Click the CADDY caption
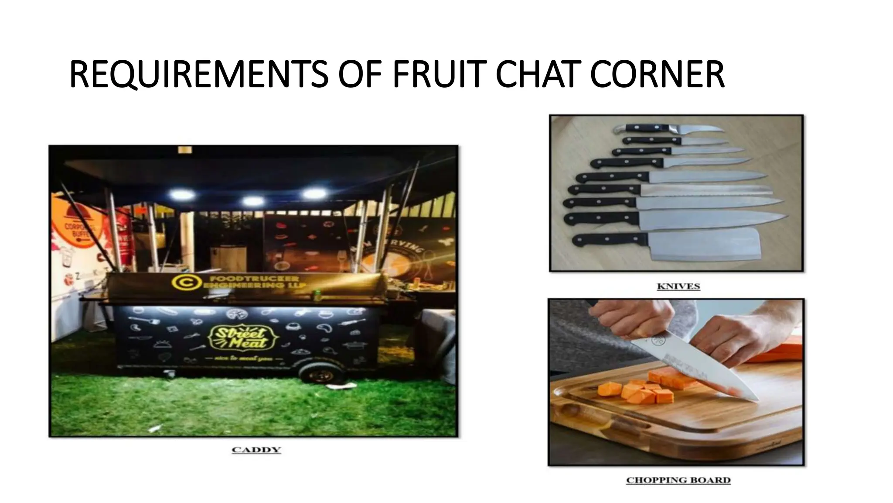tap(256, 450)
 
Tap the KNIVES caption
tap(678, 286)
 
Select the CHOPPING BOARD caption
tap(678, 480)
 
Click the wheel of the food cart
tap(322, 373)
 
